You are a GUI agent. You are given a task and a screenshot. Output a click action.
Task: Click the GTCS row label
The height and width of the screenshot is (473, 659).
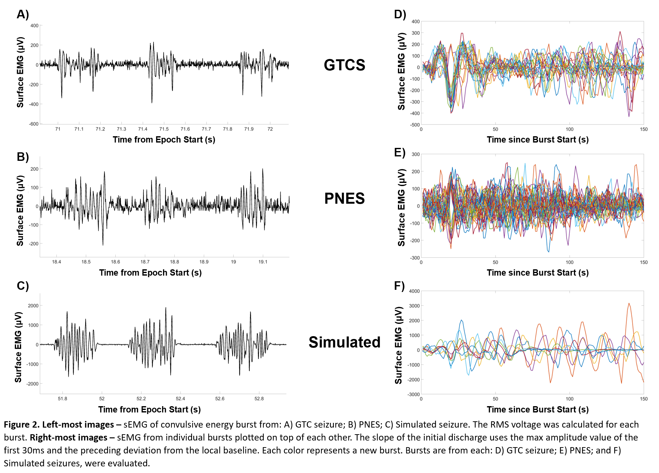pyautogui.click(x=344, y=65)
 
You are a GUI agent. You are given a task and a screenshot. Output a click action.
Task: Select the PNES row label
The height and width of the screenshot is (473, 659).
pyautogui.click(x=344, y=198)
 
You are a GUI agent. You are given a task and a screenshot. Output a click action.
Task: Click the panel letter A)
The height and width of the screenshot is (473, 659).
pyautogui.click(x=23, y=14)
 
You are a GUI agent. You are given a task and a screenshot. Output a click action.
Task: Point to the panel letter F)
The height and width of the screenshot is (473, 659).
pyautogui.click(x=399, y=286)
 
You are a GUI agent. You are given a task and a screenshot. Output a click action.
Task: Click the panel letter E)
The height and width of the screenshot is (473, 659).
pyautogui.click(x=399, y=152)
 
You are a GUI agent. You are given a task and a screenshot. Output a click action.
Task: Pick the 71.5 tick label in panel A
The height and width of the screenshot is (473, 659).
pyautogui.click(x=164, y=129)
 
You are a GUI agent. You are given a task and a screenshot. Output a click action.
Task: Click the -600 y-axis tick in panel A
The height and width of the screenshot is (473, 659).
pyautogui.click(x=34, y=124)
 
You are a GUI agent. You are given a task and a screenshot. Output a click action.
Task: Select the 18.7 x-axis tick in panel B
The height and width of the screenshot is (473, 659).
pyautogui.click(x=145, y=262)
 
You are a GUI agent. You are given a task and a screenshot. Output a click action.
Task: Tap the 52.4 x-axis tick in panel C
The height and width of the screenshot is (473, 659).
pyautogui.click(x=180, y=399)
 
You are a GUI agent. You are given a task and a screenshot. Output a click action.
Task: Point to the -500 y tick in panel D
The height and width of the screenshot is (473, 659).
pyautogui.click(x=415, y=125)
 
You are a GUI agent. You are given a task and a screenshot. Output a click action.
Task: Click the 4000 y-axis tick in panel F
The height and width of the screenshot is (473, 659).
pyautogui.click(x=414, y=291)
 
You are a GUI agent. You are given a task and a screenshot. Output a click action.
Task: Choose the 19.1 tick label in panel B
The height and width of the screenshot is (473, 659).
pyautogui.click(x=263, y=262)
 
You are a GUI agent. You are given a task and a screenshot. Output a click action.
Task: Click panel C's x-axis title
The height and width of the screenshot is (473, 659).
pyautogui.click(x=149, y=409)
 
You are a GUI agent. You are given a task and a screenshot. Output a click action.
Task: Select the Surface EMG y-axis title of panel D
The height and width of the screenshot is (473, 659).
pyautogui.click(x=401, y=73)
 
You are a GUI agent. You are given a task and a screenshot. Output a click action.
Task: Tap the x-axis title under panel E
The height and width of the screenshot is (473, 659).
pyautogui.click(x=538, y=272)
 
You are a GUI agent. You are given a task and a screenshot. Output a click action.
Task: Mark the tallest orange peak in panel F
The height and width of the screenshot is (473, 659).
pyautogui.click(x=629, y=304)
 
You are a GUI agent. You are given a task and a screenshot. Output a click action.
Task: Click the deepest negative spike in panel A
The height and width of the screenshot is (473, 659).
pyautogui.click(x=152, y=102)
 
